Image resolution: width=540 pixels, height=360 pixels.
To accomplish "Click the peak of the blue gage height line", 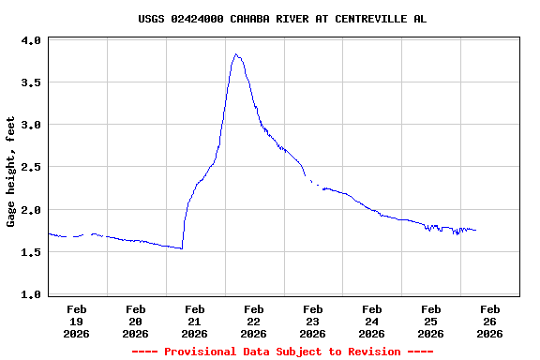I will coord(235,54).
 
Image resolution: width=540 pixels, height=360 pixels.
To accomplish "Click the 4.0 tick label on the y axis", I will coord(31,41).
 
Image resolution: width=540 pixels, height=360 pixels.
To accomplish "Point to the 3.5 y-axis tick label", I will coord(31,83).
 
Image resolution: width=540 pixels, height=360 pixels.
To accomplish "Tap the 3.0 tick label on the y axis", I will coord(31,126).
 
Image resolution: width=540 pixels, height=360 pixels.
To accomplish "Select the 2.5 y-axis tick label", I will coord(31,168).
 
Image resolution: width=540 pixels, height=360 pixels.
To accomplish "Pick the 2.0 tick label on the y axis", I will coord(31,210).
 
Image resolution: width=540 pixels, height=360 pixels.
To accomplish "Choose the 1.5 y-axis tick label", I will coord(31,252).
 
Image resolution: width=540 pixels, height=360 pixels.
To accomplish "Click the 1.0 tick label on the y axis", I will coord(31,294).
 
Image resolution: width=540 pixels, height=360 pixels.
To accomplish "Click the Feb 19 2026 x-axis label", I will coord(77,321).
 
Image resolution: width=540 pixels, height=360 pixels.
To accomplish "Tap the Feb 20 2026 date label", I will coord(136,321).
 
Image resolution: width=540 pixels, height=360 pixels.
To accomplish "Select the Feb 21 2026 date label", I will coord(195,321).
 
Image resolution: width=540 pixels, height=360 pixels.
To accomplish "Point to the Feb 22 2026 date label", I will coord(254,321).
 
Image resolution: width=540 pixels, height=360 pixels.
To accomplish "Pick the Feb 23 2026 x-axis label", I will coord(313,321).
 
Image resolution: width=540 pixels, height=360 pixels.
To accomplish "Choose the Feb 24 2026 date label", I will coord(372,321).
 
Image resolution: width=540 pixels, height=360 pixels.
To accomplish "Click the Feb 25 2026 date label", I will coord(431,321).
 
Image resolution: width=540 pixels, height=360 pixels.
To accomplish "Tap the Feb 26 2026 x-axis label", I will coord(490,321).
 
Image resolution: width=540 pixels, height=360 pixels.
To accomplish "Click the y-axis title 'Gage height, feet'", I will coord(11,172).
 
